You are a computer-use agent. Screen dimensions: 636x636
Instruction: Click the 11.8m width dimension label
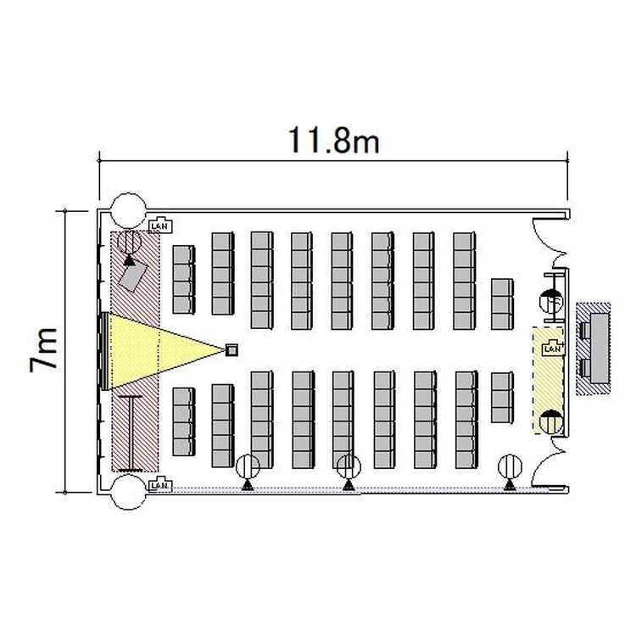pyautogui.click(x=333, y=140)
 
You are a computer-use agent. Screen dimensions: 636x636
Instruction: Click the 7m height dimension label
pyautogui.click(x=43, y=349)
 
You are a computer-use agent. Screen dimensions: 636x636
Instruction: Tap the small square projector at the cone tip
pyautogui.click(x=232, y=349)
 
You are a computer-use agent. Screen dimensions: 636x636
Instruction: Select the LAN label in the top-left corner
pyautogui.click(x=160, y=226)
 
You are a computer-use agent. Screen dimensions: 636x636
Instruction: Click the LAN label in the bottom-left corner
pyautogui.click(x=159, y=485)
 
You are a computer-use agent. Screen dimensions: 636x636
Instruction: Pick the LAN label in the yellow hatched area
pyautogui.click(x=552, y=349)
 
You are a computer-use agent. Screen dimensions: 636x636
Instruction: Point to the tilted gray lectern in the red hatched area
pyautogui.click(x=133, y=276)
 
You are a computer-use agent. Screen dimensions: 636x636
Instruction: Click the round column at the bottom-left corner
pyautogui.click(x=129, y=493)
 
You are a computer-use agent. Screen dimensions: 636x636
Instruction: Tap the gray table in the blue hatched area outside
pyautogui.click(x=600, y=348)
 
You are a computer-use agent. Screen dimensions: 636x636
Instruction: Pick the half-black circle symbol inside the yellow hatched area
pyautogui.click(x=551, y=421)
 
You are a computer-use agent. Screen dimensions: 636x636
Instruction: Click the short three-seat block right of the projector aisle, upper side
pyautogui.click(x=502, y=304)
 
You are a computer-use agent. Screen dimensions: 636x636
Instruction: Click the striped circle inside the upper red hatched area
pyautogui.click(x=129, y=243)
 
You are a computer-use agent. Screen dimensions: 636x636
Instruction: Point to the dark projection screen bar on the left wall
pyautogui.click(x=104, y=351)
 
